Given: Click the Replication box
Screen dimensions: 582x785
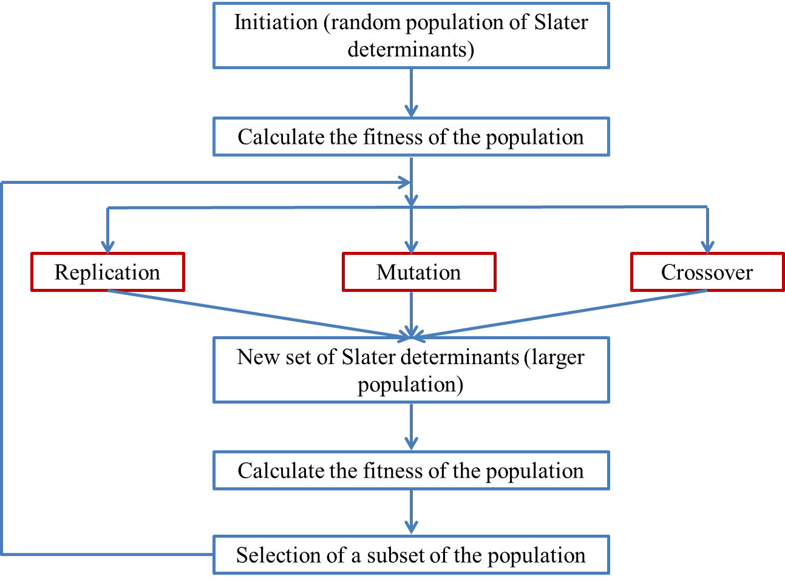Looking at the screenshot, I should tap(107, 272).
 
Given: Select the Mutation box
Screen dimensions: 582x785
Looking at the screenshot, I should tap(419, 272).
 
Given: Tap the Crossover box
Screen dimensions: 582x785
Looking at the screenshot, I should tap(707, 272).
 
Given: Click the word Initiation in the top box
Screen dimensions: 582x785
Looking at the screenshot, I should tap(276, 22).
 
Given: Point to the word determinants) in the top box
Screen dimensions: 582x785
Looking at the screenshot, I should tap(411, 49).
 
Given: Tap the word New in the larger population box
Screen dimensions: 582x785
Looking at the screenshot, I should tap(253, 357).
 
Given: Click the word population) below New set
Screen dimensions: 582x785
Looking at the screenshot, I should tap(410, 384).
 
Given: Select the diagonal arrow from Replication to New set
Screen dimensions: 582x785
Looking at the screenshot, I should tap(255, 313).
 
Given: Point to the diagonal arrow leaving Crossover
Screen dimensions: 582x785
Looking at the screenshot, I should tap(565, 314).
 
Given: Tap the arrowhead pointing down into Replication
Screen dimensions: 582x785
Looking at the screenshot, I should tap(108, 246).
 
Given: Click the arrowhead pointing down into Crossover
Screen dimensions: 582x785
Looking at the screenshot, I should tap(707, 246).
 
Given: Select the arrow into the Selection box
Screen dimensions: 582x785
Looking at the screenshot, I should tap(411, 512).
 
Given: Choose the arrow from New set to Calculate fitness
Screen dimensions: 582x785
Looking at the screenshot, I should tap(411, 427).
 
